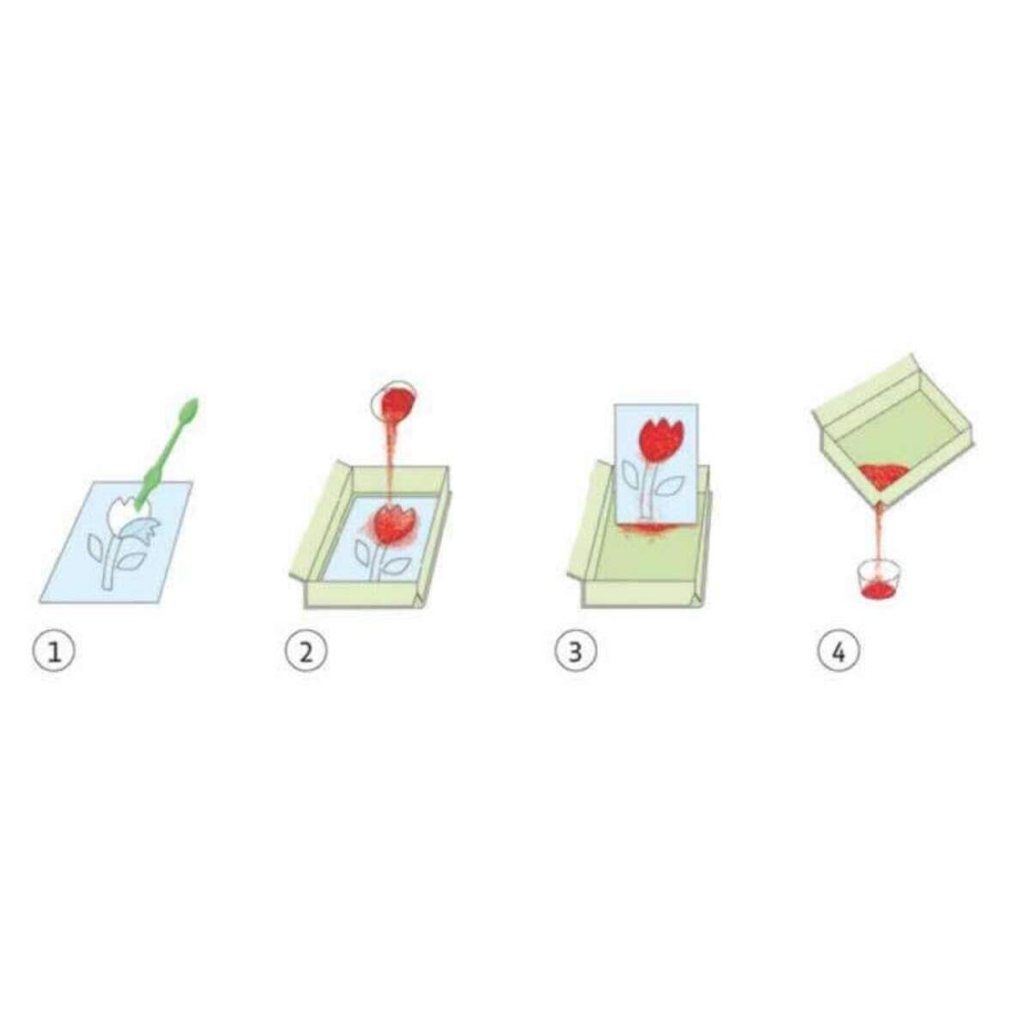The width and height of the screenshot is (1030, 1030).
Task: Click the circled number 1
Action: [54, 653]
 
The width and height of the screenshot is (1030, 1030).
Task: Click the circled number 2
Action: [306, 653]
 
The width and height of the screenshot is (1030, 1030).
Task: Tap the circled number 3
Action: [575, 653]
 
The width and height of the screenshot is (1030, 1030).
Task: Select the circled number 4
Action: [839, 653]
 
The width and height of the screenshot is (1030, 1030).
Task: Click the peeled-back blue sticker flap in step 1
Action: [136, 530]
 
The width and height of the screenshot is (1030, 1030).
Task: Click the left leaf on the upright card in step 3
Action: [634, 474]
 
